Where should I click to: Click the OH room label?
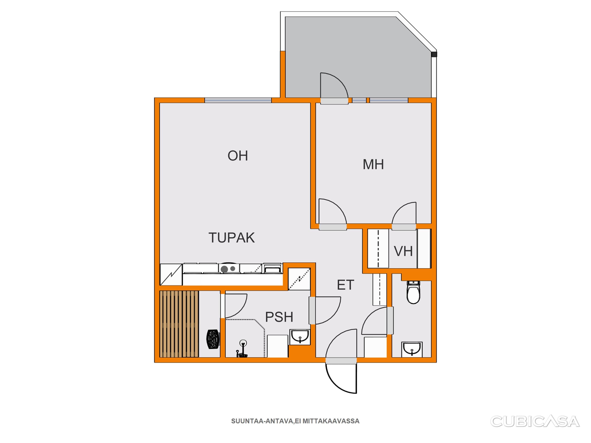(237, 156)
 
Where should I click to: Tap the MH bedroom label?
(373, 164)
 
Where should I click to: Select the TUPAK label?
(231, 238)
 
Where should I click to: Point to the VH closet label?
(403, 251)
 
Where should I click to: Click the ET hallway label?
(346, 285)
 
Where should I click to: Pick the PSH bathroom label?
(279, 317)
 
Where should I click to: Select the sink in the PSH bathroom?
(300, 337)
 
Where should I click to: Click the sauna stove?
(213, 339)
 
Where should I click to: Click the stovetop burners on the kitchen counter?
(228, 269)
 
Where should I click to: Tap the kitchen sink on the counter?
(273, 268)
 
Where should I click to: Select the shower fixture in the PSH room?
(242, 348)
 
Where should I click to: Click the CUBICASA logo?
(535, 421)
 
